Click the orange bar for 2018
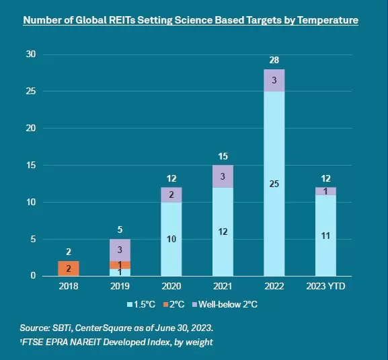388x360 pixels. pos(69,268)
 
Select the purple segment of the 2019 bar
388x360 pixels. pos(120,250)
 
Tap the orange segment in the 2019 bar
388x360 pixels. pos(120,265)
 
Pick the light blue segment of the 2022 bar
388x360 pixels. pos(274,184)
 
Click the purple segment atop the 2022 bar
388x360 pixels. pos(274,81)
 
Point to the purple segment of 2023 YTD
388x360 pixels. pos(325,191)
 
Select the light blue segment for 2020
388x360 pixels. pos(171,239)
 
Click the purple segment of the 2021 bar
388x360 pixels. pos(223,176)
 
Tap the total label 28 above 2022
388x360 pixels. pos(274,60)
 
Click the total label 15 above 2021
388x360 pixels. pos(223,156)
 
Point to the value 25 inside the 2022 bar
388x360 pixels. pos(274,184)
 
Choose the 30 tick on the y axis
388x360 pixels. pos(31,54)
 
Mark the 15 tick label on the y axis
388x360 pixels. pos(31,165)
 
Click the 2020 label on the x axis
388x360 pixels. pos(171,286)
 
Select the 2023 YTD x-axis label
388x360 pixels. pos(325,286)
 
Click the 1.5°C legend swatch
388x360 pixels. pos(130,304)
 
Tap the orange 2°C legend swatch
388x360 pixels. pos(165,304)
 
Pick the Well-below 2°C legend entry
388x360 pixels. pos(225,304)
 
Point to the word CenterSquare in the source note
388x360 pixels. pos(103,328)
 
